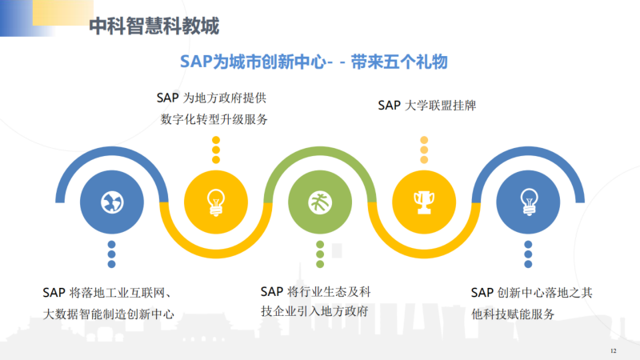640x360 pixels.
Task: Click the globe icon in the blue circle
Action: pos(112,202)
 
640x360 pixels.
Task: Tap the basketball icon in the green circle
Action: pos(320,202)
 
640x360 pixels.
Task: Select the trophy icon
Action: pos(424,202)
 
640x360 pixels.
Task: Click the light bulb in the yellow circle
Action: pos(216,202)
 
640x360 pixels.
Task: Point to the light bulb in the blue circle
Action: pos(529,202)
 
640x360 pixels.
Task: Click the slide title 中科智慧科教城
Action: pos(154,26)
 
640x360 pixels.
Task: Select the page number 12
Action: pos(613,350)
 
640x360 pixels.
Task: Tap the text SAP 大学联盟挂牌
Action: pos(427,106)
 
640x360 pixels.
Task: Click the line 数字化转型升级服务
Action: pos(214,119)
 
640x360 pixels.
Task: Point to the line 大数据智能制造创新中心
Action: pos(109,314)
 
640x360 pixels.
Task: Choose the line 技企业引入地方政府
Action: pos(314,311)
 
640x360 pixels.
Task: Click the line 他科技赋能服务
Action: pos(513,314)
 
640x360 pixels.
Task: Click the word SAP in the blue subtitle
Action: pos(196,62)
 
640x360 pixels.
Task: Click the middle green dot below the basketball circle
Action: pos(320,254)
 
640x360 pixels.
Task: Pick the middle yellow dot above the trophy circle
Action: pos(424,150)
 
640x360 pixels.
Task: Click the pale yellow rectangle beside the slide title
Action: pos(63,12)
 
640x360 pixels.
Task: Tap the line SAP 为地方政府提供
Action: pos(211,98)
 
